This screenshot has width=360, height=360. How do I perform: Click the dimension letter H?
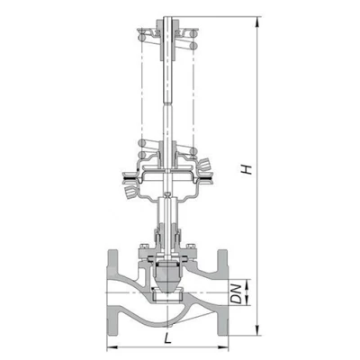pos(247,169)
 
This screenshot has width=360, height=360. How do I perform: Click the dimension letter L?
pos(167,338)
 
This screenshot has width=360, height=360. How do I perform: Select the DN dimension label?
pos(238,293)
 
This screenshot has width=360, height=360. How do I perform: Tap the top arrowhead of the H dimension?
pos(257,22)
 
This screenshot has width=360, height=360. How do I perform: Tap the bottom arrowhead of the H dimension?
pos(257,330)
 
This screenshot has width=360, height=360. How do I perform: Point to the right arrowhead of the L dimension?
pos(223,347)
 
